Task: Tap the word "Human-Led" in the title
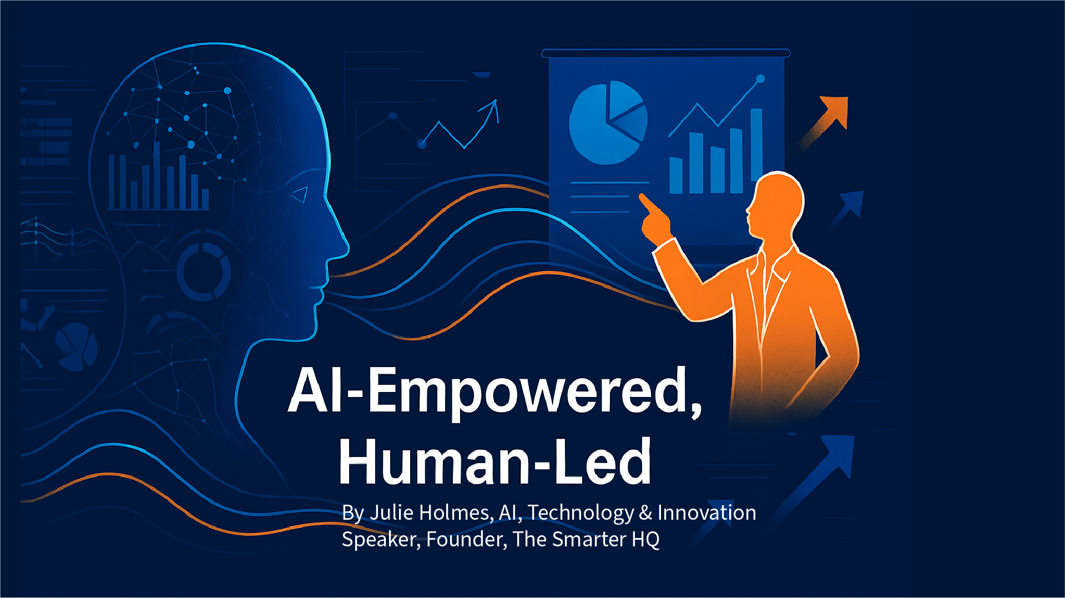click(x=495, y=460)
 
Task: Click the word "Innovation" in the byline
click(x=706, y=512)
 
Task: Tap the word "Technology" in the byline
click(x=581, y=513)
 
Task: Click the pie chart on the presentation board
click(x=608, y=123)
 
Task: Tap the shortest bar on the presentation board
click(x=676, y=175)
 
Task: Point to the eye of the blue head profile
click(x=300, y=194)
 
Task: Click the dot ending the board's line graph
click(x=761, y=79)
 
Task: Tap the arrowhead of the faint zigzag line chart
click(x=492, y=108)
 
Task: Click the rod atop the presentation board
click(x=666, y=53)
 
